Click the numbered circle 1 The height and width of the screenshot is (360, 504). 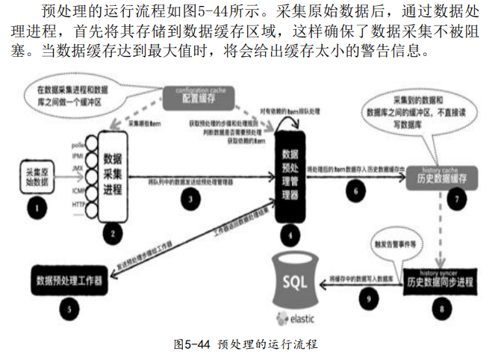point(33,203)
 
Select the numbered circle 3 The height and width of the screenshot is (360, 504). point(193,200)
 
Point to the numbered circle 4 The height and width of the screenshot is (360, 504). point(289,237)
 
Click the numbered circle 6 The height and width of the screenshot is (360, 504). point(355,190)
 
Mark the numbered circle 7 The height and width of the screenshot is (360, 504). point(457,199)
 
